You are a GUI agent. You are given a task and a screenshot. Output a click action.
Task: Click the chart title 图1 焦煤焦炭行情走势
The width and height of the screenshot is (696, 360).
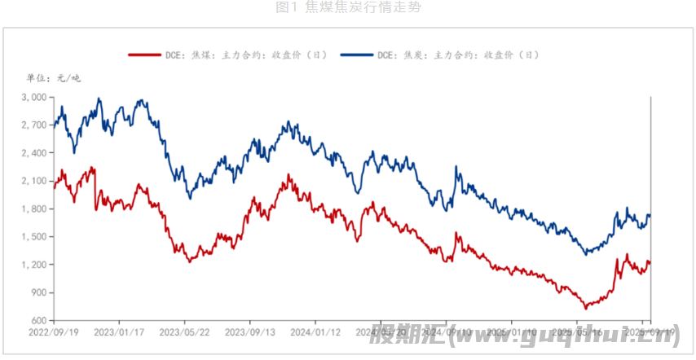click(348, 7)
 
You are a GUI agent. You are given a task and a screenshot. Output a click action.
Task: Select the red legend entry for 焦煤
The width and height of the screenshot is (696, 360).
click(227, 55)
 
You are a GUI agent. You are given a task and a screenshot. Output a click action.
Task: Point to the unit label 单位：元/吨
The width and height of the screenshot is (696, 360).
click(54, 78)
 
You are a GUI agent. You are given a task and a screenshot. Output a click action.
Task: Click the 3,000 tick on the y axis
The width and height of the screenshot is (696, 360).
click(34, 97)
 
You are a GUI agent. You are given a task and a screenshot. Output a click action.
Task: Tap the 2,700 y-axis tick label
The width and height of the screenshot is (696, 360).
click(34, 125)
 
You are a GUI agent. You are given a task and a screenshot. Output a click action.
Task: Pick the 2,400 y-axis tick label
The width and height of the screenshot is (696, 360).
click(34, 153)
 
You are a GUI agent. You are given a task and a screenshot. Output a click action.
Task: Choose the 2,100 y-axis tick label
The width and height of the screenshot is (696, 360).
click(34, 181)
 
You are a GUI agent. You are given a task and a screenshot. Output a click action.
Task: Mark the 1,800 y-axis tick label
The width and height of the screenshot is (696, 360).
click(34, 209)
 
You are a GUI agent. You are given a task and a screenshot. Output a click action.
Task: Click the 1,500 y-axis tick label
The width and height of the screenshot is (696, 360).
click(34, 237)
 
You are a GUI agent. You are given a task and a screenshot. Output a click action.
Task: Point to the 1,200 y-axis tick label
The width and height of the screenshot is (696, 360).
click(34, 265)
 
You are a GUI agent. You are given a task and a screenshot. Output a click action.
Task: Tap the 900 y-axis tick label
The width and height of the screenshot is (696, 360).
click(38, 292)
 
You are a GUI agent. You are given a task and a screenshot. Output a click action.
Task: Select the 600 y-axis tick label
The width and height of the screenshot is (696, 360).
click(38, 320)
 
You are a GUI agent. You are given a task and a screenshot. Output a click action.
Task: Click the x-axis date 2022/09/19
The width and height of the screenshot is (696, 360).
click(53, 332)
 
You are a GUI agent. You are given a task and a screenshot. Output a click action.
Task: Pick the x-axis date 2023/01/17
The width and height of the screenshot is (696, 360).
click(118, 332)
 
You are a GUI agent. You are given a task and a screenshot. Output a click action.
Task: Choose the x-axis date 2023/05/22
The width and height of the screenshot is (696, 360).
click(183, 332)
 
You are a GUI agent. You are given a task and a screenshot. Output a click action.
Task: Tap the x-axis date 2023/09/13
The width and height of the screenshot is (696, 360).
click(249, 332)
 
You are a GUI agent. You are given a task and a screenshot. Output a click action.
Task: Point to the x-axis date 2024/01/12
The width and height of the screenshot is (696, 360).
click(315, 332)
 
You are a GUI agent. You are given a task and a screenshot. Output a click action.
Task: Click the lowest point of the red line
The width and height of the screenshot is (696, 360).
click(585, 309)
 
